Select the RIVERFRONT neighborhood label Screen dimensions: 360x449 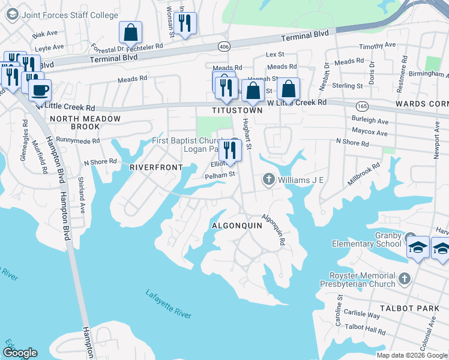click(156, 167)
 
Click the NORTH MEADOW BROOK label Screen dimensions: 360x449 click(85, 123)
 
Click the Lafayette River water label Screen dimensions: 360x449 click(169, 304)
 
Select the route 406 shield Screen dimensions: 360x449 click(224, 46)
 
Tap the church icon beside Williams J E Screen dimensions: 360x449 click(268, 179)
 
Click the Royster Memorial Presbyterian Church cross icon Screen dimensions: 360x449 click(405, 279)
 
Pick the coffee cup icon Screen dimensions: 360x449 click(40, 91)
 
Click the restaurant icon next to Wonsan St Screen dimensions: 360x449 click(185, 23)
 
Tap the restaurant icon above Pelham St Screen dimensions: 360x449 click(230, 149)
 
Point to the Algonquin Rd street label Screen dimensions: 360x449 click(273, 230)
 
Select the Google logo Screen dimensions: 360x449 click(20, 353)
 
